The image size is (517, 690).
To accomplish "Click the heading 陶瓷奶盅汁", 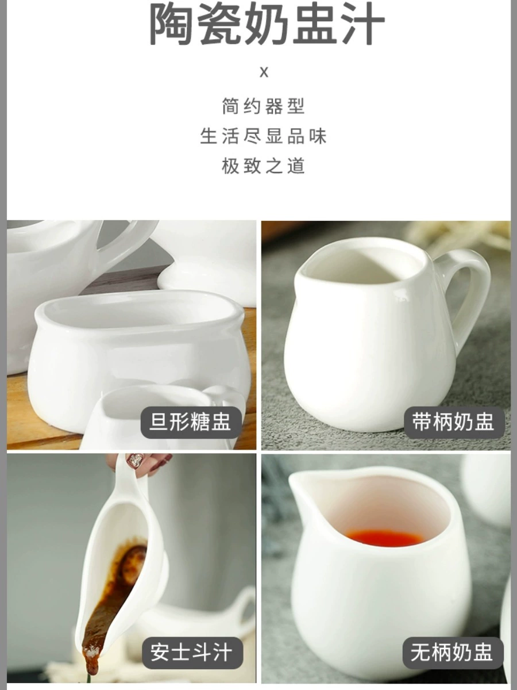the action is (x=267, y=24).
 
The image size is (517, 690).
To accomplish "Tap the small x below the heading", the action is (x=264, y=72).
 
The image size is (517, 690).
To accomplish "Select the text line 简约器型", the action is (x=263, y=106).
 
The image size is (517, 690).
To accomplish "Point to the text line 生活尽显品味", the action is (x=263, y=136).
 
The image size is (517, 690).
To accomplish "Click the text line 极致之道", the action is (x=263, y=166).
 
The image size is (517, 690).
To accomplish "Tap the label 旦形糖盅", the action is (x=191, y=422).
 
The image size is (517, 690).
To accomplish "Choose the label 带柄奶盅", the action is (x=453, y=422).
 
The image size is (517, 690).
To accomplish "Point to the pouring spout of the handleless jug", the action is (x=298, y=481).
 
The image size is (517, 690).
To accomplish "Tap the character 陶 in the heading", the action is (x=171, y=25).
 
